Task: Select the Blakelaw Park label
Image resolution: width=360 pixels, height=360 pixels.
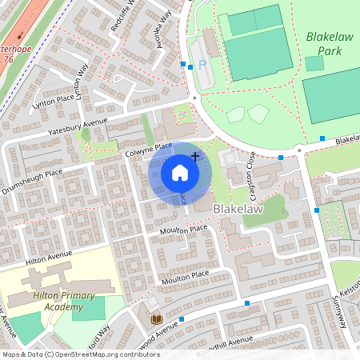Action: (x=323, y=44)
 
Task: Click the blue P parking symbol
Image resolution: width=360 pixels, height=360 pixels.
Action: (x=200, y=62)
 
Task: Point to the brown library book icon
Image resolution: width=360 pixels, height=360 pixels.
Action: (x=157, y=320)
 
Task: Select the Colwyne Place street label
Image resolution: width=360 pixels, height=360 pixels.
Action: (x=148, y=146)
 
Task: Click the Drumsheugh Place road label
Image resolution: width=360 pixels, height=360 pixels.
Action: (x=32, y=180)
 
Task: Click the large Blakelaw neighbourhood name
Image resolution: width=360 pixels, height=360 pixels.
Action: (x=239, y=207)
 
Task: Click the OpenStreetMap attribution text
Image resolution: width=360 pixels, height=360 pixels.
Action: (x=80, y=354)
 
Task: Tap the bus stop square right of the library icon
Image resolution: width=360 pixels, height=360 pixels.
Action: (x=182, y=319)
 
